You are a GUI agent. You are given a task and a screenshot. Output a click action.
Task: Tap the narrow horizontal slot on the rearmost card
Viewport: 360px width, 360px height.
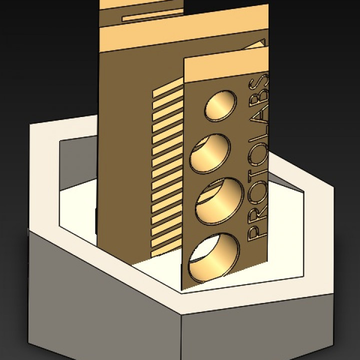coord(150,16)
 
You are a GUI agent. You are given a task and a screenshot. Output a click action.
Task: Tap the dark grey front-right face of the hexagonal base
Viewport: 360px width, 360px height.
coord(260,330)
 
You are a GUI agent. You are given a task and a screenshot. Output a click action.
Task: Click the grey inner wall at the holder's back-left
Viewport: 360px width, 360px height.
coord(77,165)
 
